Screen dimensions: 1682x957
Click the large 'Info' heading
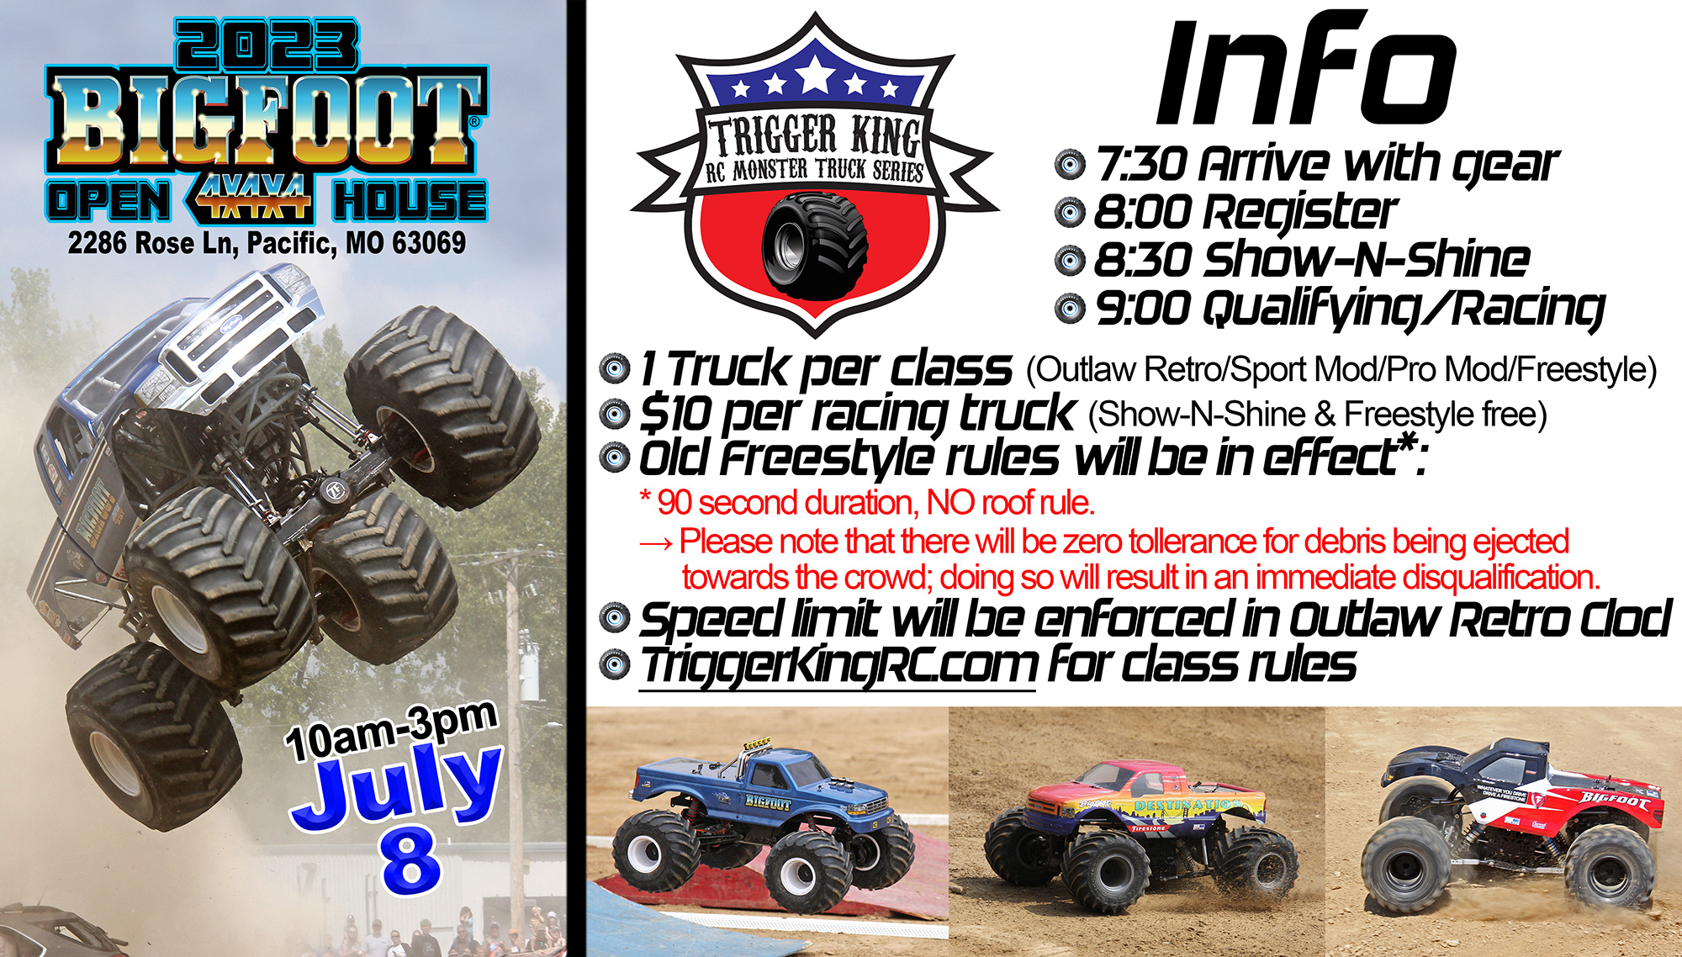tap(1306, 71)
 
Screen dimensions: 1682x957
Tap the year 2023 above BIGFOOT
tap(267, 45)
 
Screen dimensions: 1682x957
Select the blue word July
tap(397, 785)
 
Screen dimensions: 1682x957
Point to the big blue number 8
tap(410, 859)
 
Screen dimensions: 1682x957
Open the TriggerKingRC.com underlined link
tap(838, 666)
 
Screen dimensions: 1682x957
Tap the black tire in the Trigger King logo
tap(815, 245)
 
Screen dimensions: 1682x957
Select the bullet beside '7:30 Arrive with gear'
tap(1070, 164)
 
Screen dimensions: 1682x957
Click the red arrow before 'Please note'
tap(656, 543)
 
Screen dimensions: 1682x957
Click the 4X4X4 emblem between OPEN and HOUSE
tap(251, 199)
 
